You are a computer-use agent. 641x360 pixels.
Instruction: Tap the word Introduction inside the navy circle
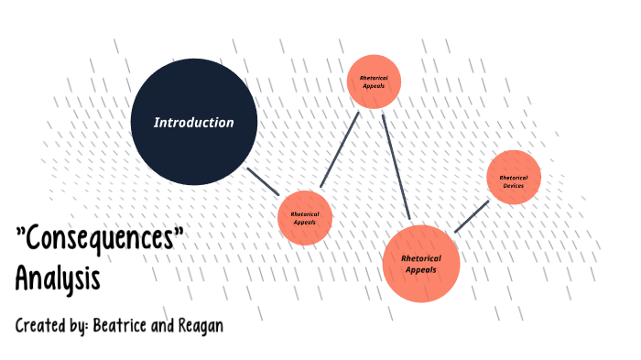pyautogui.click(x=194, y=122)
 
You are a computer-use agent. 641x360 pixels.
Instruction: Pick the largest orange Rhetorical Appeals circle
pyautogui.click(x=420, y=264)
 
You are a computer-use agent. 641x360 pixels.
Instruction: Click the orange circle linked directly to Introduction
pyautogui.click(x=304, y=218)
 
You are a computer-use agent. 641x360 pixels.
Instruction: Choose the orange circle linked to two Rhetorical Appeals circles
pyautogui.click(x=375, y=82)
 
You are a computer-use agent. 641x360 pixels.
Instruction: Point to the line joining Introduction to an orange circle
pyautogui.click(x=263, y=180)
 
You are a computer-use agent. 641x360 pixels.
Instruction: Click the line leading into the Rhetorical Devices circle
pyautogui.click(x=472, y=215)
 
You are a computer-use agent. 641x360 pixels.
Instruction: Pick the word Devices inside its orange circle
pyautogui.click(x=514, y=186)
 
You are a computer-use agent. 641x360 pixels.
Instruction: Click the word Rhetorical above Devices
pyautogui.click(x=514, y=177)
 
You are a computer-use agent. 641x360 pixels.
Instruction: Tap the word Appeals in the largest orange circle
pyautogui.click(x=420, y=269)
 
